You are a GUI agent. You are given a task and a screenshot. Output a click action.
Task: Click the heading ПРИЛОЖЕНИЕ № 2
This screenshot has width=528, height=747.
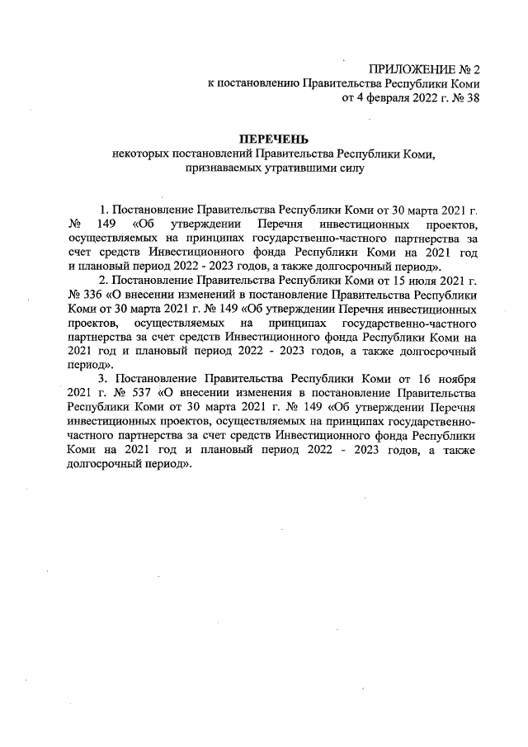[423, 69]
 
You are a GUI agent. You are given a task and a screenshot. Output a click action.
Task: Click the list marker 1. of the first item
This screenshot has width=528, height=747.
[103, 209]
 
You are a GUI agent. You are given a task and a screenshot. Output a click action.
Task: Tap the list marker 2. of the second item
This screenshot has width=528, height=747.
[103, 281]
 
